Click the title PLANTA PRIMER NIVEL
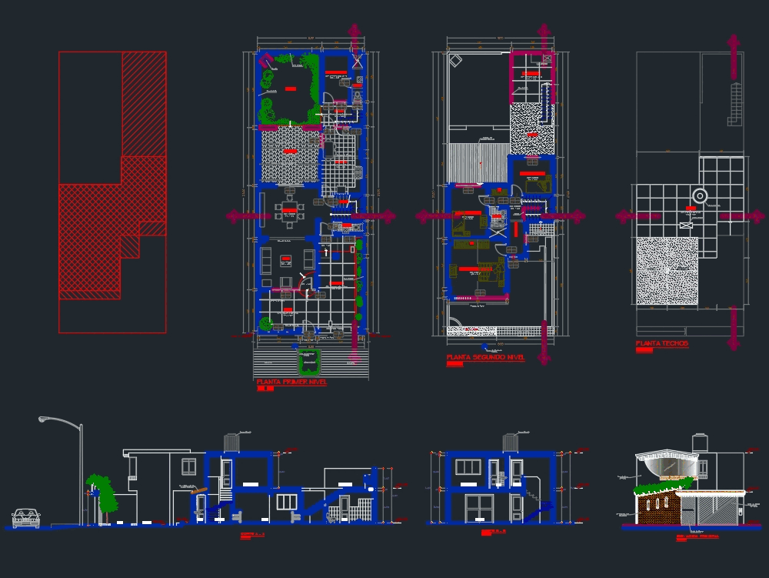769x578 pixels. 291,382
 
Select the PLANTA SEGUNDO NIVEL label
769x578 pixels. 485,358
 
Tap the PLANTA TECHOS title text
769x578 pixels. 662,343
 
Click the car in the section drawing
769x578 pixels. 26,518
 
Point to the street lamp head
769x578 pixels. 45,419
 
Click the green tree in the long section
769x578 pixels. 101,491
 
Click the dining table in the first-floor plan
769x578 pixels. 290,210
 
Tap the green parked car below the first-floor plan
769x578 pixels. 310,359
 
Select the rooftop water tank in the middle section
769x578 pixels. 508,443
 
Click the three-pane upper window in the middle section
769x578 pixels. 468,467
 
